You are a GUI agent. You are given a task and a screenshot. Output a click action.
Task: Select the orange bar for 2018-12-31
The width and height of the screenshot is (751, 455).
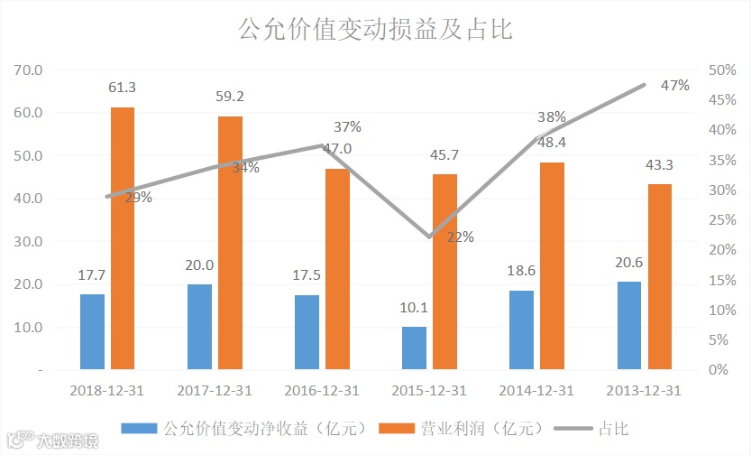[123, 238]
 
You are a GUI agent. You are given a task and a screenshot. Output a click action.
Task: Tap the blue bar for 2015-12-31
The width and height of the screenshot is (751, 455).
[414, 348]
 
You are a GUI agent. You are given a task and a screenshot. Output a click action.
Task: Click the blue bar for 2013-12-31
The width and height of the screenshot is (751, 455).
[629, 325]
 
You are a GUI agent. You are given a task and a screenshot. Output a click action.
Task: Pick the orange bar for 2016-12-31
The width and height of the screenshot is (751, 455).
[337, 269]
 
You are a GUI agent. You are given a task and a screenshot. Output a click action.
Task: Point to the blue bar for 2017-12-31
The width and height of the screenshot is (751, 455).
[199, 326]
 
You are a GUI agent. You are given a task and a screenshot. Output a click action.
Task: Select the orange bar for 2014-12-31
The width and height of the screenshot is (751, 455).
[553, 265]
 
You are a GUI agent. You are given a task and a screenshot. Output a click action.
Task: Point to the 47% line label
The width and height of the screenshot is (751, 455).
[674, 86]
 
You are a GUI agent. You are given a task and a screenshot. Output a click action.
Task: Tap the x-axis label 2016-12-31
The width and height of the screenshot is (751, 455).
[321, 391]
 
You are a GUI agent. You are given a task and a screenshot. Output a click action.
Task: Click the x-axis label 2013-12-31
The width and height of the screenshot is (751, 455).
[643, 391]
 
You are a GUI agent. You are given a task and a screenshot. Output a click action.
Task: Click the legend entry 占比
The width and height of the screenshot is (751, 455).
[613, 427]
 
